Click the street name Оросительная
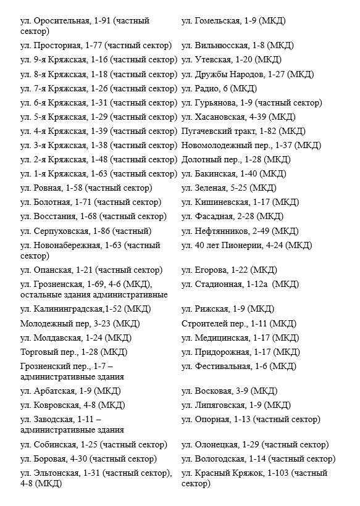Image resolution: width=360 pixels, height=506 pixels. click(x=61, y=21)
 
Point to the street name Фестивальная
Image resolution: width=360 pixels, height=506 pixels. click(x=223, y=366)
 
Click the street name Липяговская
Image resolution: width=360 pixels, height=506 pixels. click(x=220, y=405)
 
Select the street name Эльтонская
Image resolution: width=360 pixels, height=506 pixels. click(x=57, y=473)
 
